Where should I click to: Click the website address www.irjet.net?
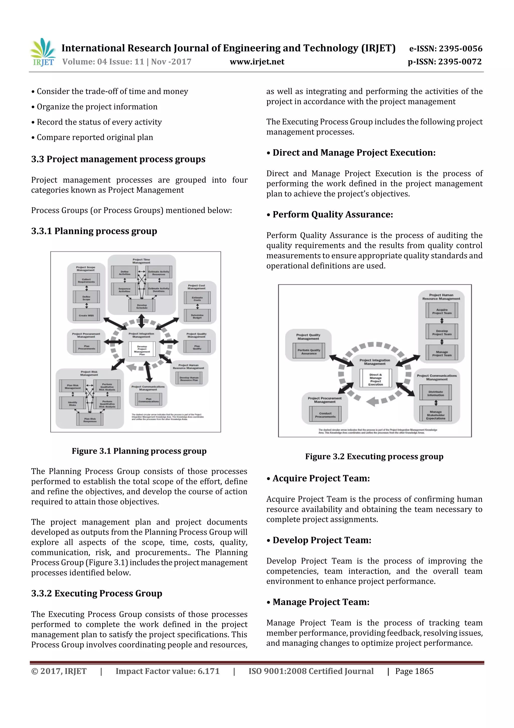pyautogui.click(x=257, y=62)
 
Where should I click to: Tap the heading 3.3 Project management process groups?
pyautogui.click(x=118, y=159)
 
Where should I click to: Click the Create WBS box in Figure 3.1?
pyautogui.click(x=86, y=315)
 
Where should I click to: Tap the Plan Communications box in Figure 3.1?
pyautogui.click(x=149, y=400)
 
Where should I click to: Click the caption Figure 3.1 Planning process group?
pyautogui.click(x=139, y=451)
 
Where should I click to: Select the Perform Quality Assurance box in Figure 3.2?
pyautogui.click(x=309, y=352)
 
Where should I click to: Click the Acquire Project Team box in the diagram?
pyautogui.click(x=442, y=311)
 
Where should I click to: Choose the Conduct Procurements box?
pyautogui.click(x=325, y=415)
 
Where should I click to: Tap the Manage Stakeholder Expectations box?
pyautogui.click(x=435, y=415)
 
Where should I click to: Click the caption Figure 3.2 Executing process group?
pyautogui.click(x=374, y=456)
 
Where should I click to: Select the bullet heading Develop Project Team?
pyautogui.click(x=322, y=540)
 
